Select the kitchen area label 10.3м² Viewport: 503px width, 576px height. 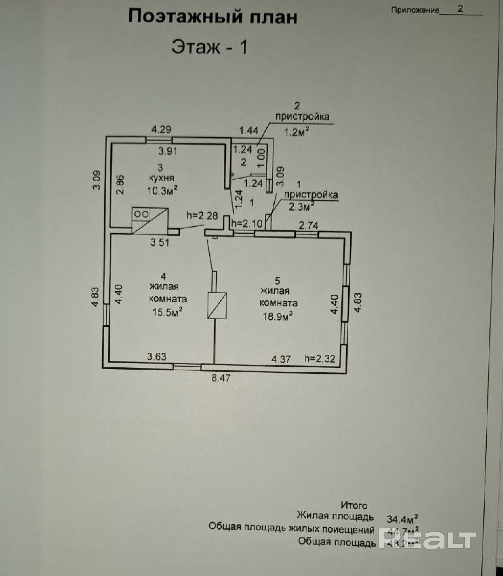[x=162, y=190]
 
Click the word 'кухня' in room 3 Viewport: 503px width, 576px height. [x=161, y=178]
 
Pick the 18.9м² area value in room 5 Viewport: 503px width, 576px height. [x=278, y=316]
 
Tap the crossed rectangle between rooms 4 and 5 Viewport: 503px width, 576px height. [x=217, y=305]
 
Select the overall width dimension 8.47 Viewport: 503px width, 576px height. [x=221, y=378]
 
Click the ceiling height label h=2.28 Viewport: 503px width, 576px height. [x=202, y=215]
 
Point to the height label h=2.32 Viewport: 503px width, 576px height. [x=320, y=359]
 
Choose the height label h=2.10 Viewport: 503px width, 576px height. [x=247, y=223]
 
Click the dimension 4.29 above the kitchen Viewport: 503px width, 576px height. [x=161, y=130]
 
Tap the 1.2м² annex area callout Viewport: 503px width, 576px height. [x=297, y=132]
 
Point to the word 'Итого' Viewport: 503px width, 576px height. [x=354, y=505]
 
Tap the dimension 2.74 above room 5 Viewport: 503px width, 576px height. [x=308, y=226]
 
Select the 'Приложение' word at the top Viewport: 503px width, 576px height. [x=415, y=10]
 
